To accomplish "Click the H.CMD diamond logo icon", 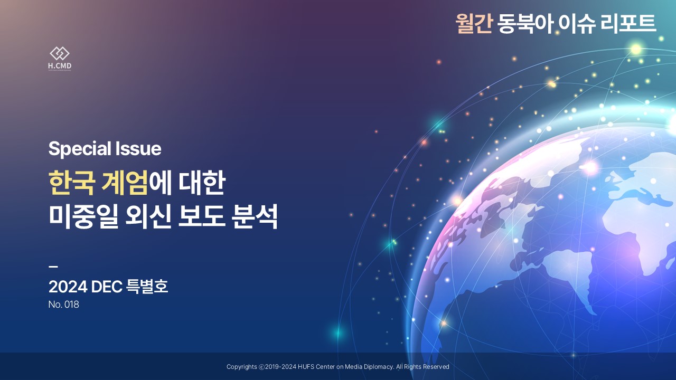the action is point(60,53).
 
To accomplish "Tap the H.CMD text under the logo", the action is point(60,66).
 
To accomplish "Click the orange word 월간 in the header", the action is point(474,24).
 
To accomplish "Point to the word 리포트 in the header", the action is point(628,24).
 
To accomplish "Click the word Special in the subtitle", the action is point(80,149).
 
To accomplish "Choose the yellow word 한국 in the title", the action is point(71,183).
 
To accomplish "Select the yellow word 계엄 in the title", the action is point(125,183).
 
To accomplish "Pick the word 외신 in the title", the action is point(147,217).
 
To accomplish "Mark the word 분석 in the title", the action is point(255,217).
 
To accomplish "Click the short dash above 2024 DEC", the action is point(53,267).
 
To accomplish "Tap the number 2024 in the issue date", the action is point(68,287).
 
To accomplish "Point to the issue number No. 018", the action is point(64,305).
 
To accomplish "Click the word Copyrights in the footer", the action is point(242,367).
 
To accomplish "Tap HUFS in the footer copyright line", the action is point(306,367).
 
